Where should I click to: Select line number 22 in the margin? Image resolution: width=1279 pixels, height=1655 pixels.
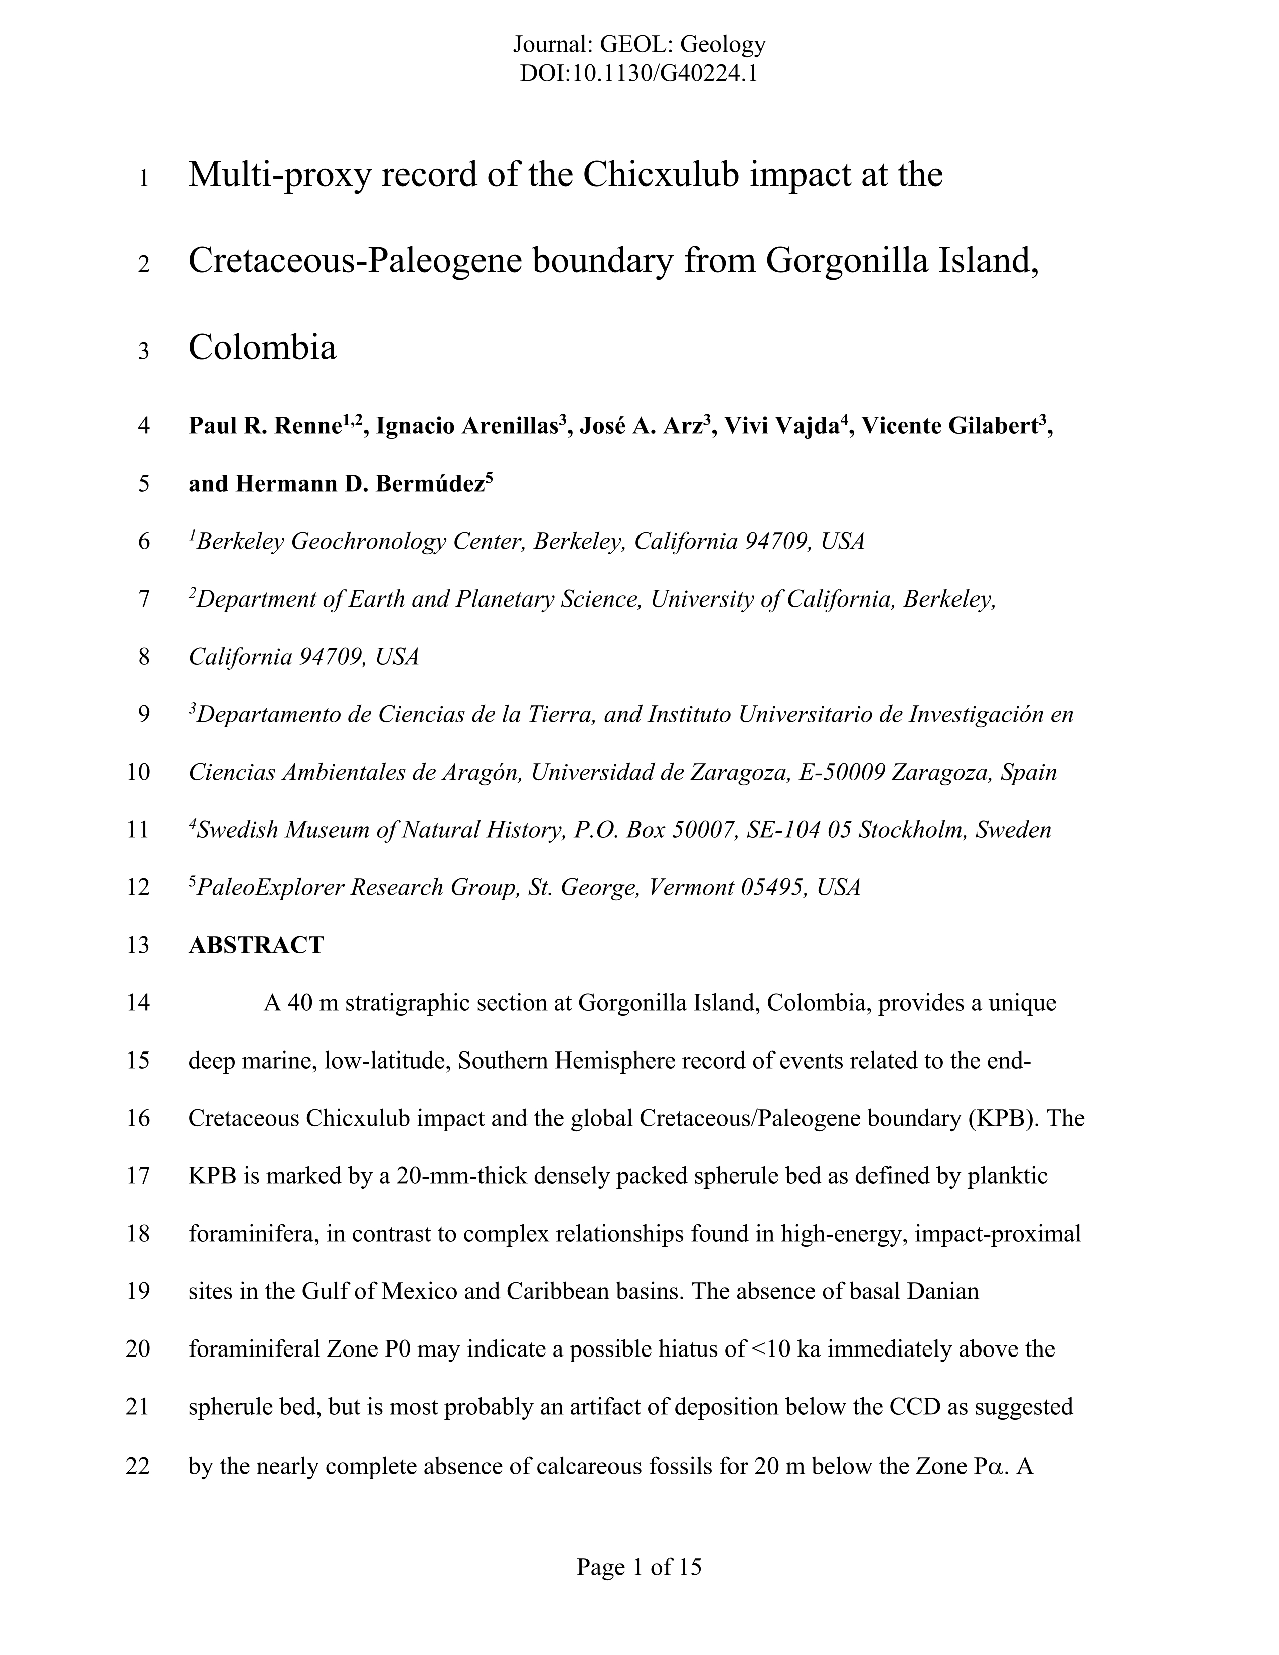click(138, 1466)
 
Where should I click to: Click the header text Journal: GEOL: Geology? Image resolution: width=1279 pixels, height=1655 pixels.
click(638, 45)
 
